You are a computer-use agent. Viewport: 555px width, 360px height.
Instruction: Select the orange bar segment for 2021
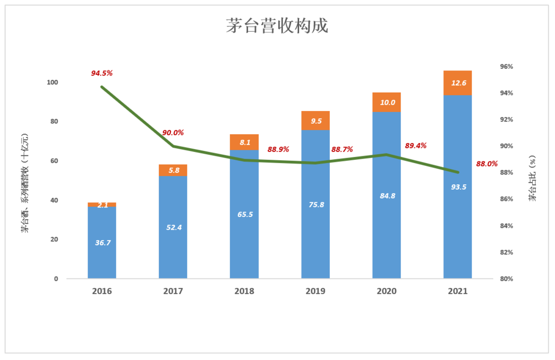(457, 83)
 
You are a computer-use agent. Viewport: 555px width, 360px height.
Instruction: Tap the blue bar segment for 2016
(102, 242)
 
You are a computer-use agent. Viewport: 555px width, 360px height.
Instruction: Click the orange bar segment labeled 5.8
(173, 170)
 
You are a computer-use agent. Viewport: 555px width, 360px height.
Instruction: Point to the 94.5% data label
(102, 73)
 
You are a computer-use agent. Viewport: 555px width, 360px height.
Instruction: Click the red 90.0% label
(173, 133)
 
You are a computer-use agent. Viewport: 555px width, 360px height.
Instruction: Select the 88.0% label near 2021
(487, 164)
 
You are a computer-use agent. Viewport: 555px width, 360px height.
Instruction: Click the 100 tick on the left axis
(52, 82)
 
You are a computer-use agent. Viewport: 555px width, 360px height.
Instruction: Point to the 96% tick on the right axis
(507, 67)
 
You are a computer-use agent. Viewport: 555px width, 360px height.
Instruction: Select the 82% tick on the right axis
(507, 252)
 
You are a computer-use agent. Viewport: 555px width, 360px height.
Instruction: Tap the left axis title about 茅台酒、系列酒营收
(25, 183)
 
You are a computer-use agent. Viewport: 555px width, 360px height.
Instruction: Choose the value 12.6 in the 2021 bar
(458, 83)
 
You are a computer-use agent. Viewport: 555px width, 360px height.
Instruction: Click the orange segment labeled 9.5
(315, 120)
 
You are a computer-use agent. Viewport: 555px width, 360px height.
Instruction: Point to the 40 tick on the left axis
(54, 200)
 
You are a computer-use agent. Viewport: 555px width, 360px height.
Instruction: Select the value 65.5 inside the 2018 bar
(244, 215)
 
